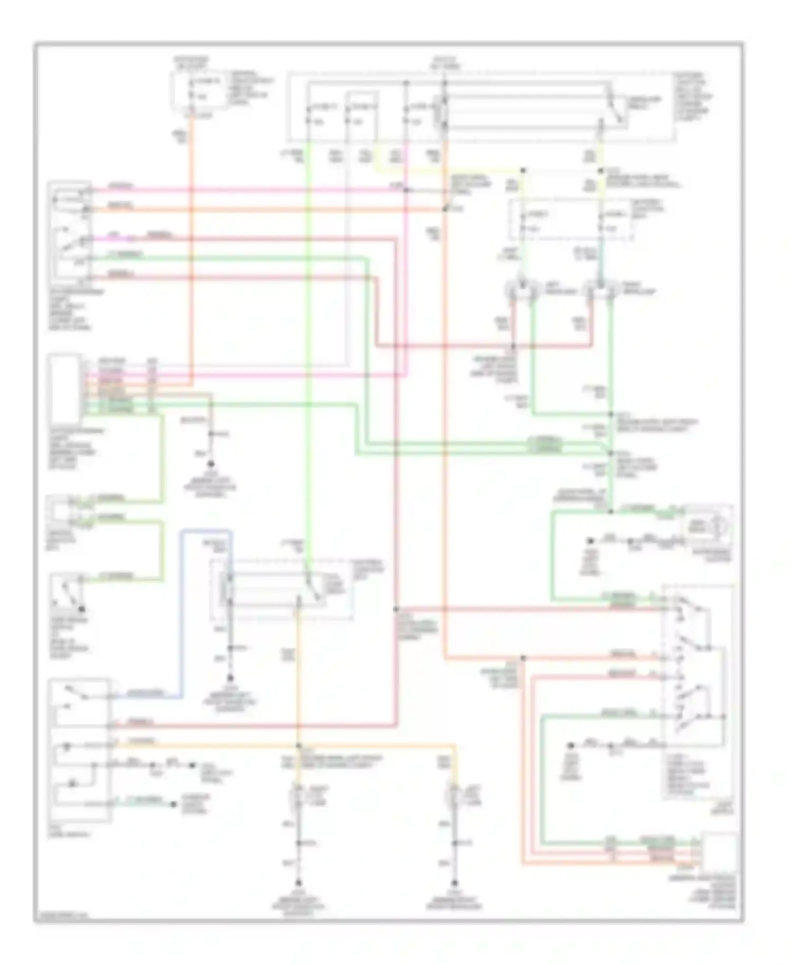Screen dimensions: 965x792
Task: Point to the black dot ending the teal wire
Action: tap(173, 805)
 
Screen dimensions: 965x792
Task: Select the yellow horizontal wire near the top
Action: tap(449, 171)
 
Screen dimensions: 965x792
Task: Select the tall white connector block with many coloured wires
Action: tap(64, 390)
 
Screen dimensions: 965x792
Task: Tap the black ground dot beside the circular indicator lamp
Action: tap(590, 541)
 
